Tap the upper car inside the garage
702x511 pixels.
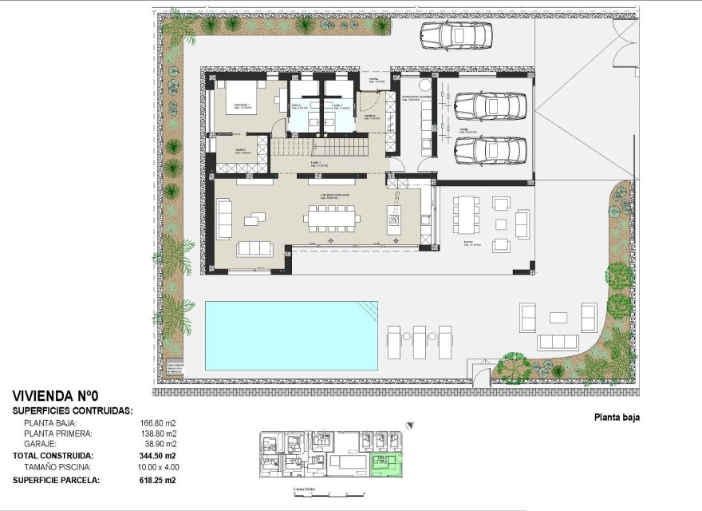pos(490,105)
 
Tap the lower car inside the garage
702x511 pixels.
pos(490,149)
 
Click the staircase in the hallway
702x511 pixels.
pos(319,147)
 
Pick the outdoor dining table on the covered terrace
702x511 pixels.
pos(467,220)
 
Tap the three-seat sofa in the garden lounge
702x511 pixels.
pos(558,342)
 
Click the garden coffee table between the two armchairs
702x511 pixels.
pos(558,317)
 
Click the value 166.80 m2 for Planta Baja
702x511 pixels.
pos(158,424)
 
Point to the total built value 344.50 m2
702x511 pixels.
pos(158,455)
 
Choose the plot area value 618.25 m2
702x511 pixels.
pos(158,481)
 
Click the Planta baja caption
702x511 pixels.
pos(617,417)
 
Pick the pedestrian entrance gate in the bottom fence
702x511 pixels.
pos(479,375)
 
